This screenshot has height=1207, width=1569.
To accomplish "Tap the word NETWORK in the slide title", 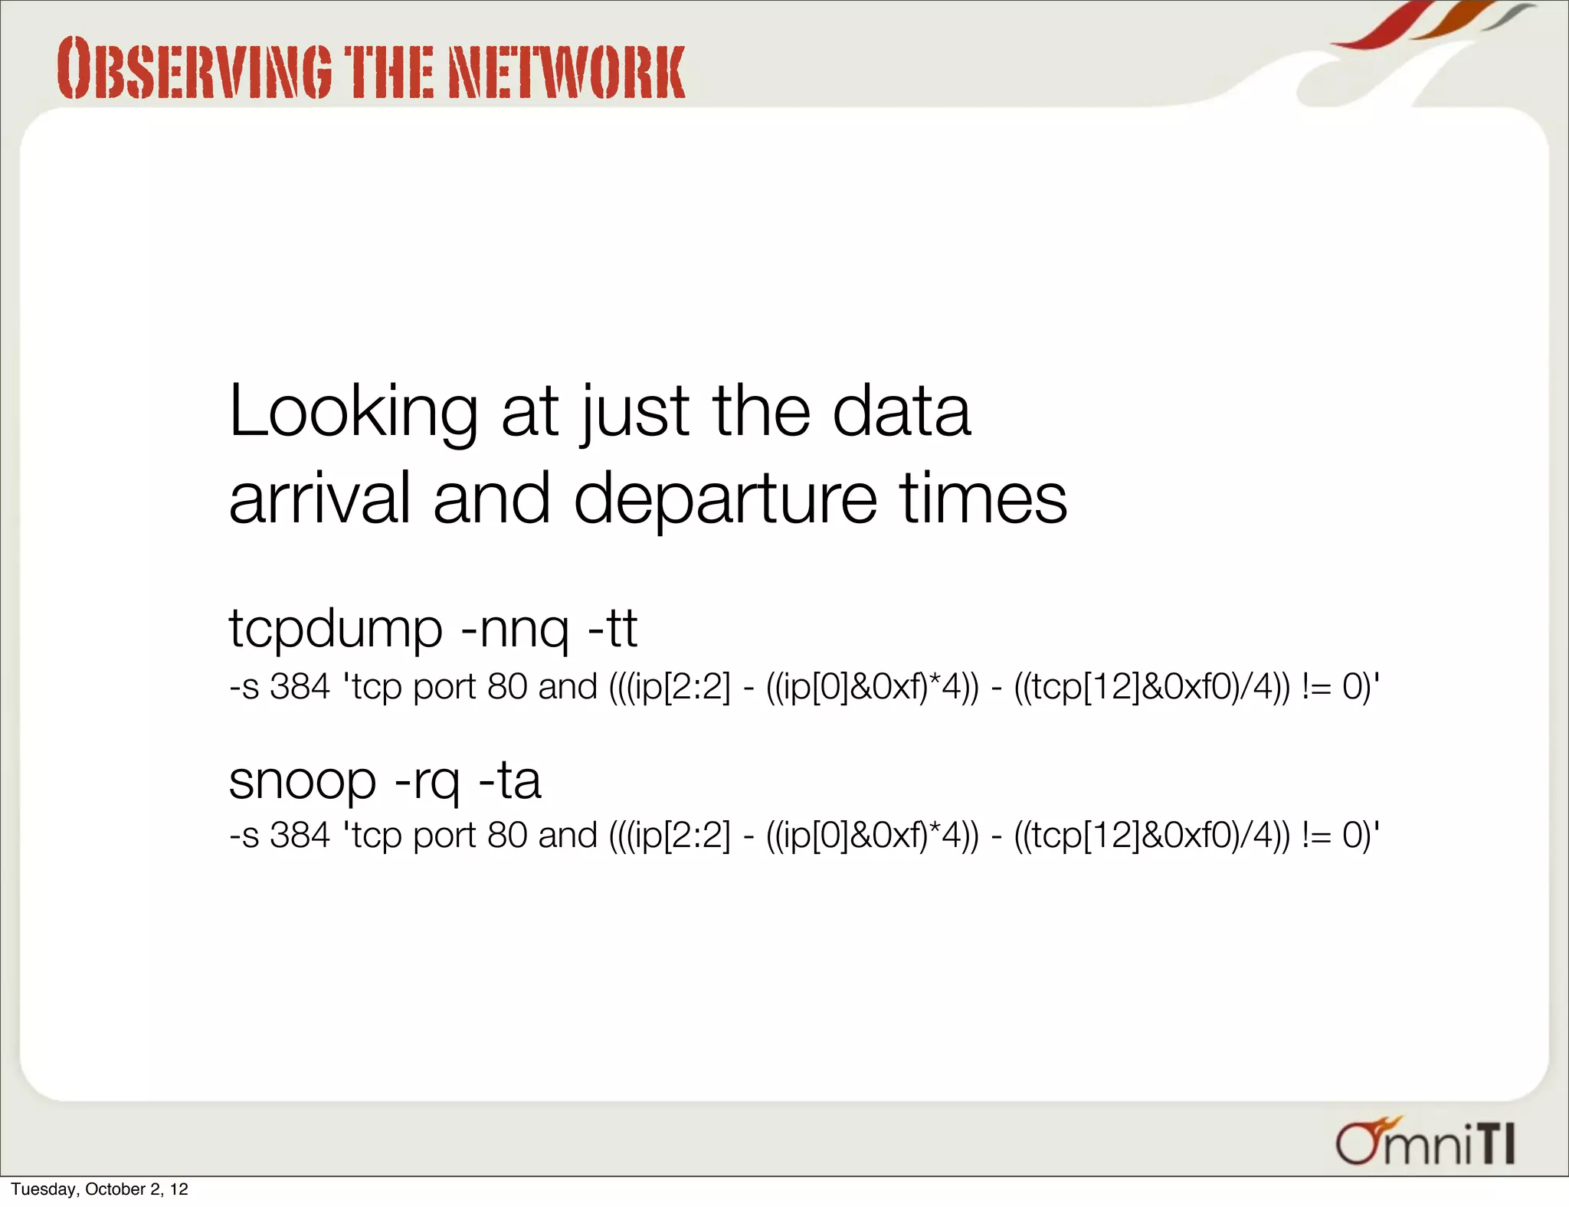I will coord(566,72).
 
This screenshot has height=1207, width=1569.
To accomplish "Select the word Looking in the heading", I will coord(353,414).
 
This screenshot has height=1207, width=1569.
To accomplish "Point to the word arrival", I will coord(319,499).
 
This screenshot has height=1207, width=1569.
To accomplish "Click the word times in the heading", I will coord(983,499).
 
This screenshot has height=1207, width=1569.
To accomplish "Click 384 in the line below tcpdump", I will coord(300,686).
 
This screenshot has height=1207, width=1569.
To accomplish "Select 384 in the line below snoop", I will coord(300,835).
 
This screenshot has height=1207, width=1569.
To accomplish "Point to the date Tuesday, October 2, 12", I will coord(100,1189).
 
